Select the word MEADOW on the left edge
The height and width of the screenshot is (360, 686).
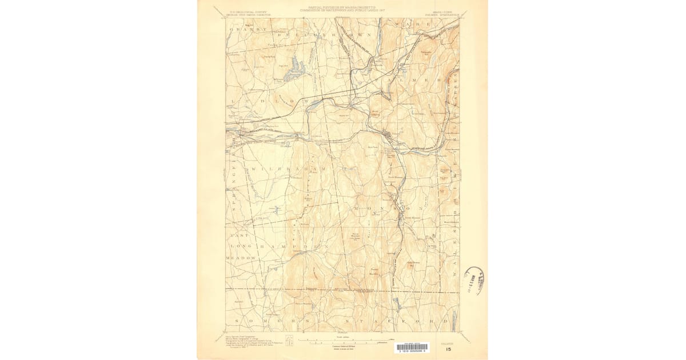coord(241,258)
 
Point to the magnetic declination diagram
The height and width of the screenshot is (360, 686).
coord(290,341)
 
